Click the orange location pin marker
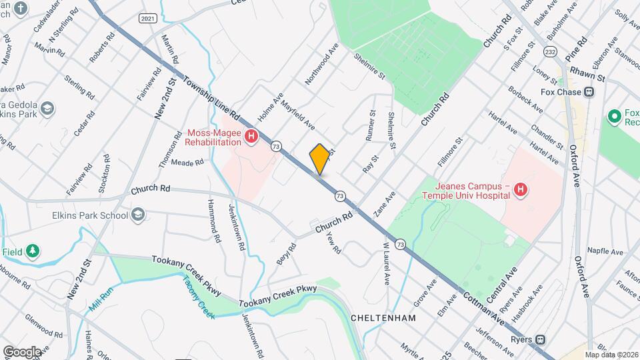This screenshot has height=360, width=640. tap(320, 159)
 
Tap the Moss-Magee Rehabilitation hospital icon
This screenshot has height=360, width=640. tap(251, 137)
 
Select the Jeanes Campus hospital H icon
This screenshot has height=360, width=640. tap(521, 191)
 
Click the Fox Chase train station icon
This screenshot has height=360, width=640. tap(589, 92)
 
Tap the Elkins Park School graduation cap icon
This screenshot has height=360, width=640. tap(138, 215)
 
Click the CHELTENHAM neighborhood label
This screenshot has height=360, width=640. tap(383, 318)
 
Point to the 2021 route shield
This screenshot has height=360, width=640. tap(149, 19)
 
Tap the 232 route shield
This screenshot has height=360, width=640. tap(550, 51)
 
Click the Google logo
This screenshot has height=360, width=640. tap(23, 351)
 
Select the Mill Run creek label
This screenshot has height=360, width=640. tap(101, 299)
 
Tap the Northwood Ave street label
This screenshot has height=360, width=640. tap(322, 64)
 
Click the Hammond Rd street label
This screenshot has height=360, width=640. tap(214, 220)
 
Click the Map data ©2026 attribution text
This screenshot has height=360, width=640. tap(611, 355)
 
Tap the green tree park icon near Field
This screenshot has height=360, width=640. tap(32, 251)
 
